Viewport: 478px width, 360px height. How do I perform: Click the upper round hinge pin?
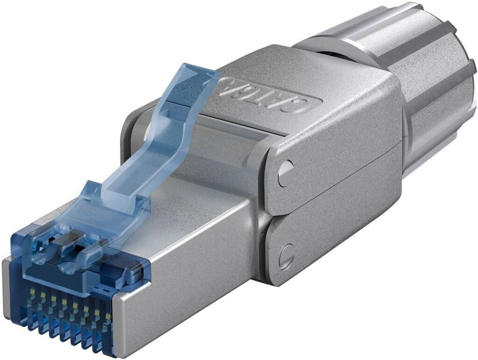(x=285, y=173)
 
